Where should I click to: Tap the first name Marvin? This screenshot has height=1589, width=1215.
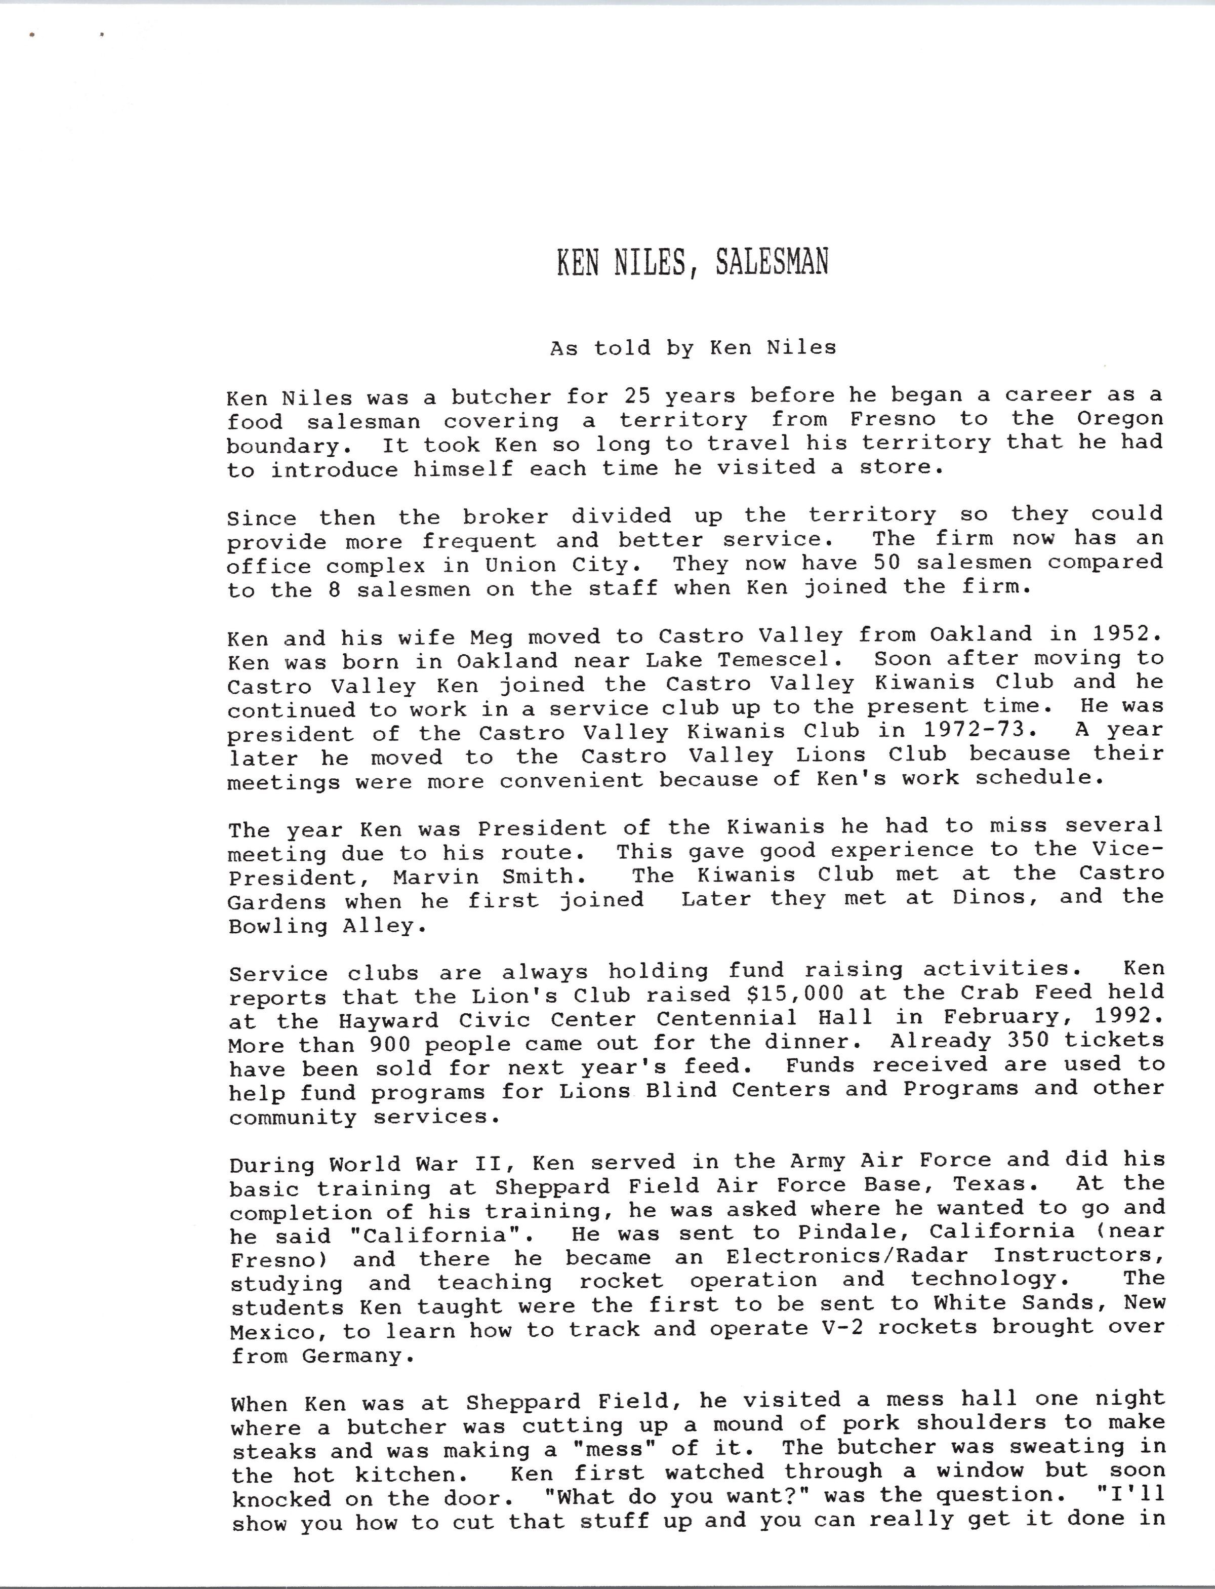coord(435,878)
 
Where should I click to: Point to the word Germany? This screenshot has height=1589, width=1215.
coord(357,1356)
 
